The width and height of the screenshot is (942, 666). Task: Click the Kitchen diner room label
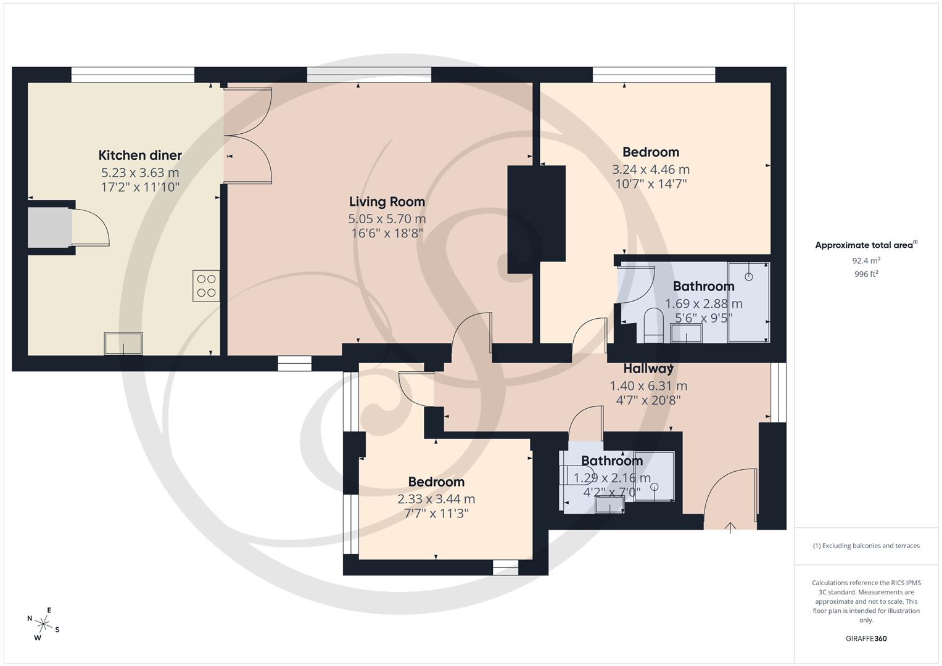(x=140, y=155)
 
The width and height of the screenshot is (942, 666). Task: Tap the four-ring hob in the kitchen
(x=206, y=286)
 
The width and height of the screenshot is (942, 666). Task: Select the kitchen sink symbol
(x=123, y=343)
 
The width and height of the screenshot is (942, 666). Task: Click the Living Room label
(x=387, y=202)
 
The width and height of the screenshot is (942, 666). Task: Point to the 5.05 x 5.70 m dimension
(x=387, y=219)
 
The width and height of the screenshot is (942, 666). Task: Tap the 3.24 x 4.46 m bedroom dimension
(x=651, y=170)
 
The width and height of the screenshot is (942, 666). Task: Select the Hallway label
(x=648, y=369)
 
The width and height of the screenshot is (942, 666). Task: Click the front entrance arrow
(x=730, y=528)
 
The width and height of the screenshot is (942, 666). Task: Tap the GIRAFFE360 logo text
(x=866, y=639)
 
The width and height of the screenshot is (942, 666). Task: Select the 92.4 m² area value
(x=866, y=261)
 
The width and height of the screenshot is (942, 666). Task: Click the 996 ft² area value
(x=866, y=274)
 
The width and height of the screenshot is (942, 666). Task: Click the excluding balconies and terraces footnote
(x=866, y=546)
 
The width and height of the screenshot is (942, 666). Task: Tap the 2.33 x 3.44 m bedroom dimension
(x=436, y=499)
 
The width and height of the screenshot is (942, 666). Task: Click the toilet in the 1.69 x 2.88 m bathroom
(x=652, y=325)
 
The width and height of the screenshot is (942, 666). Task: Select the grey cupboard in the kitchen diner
(x=49, y=227)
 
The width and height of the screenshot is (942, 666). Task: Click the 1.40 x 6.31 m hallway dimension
(x=648, y=386)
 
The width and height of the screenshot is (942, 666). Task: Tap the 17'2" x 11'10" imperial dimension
(x=140, y=187)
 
